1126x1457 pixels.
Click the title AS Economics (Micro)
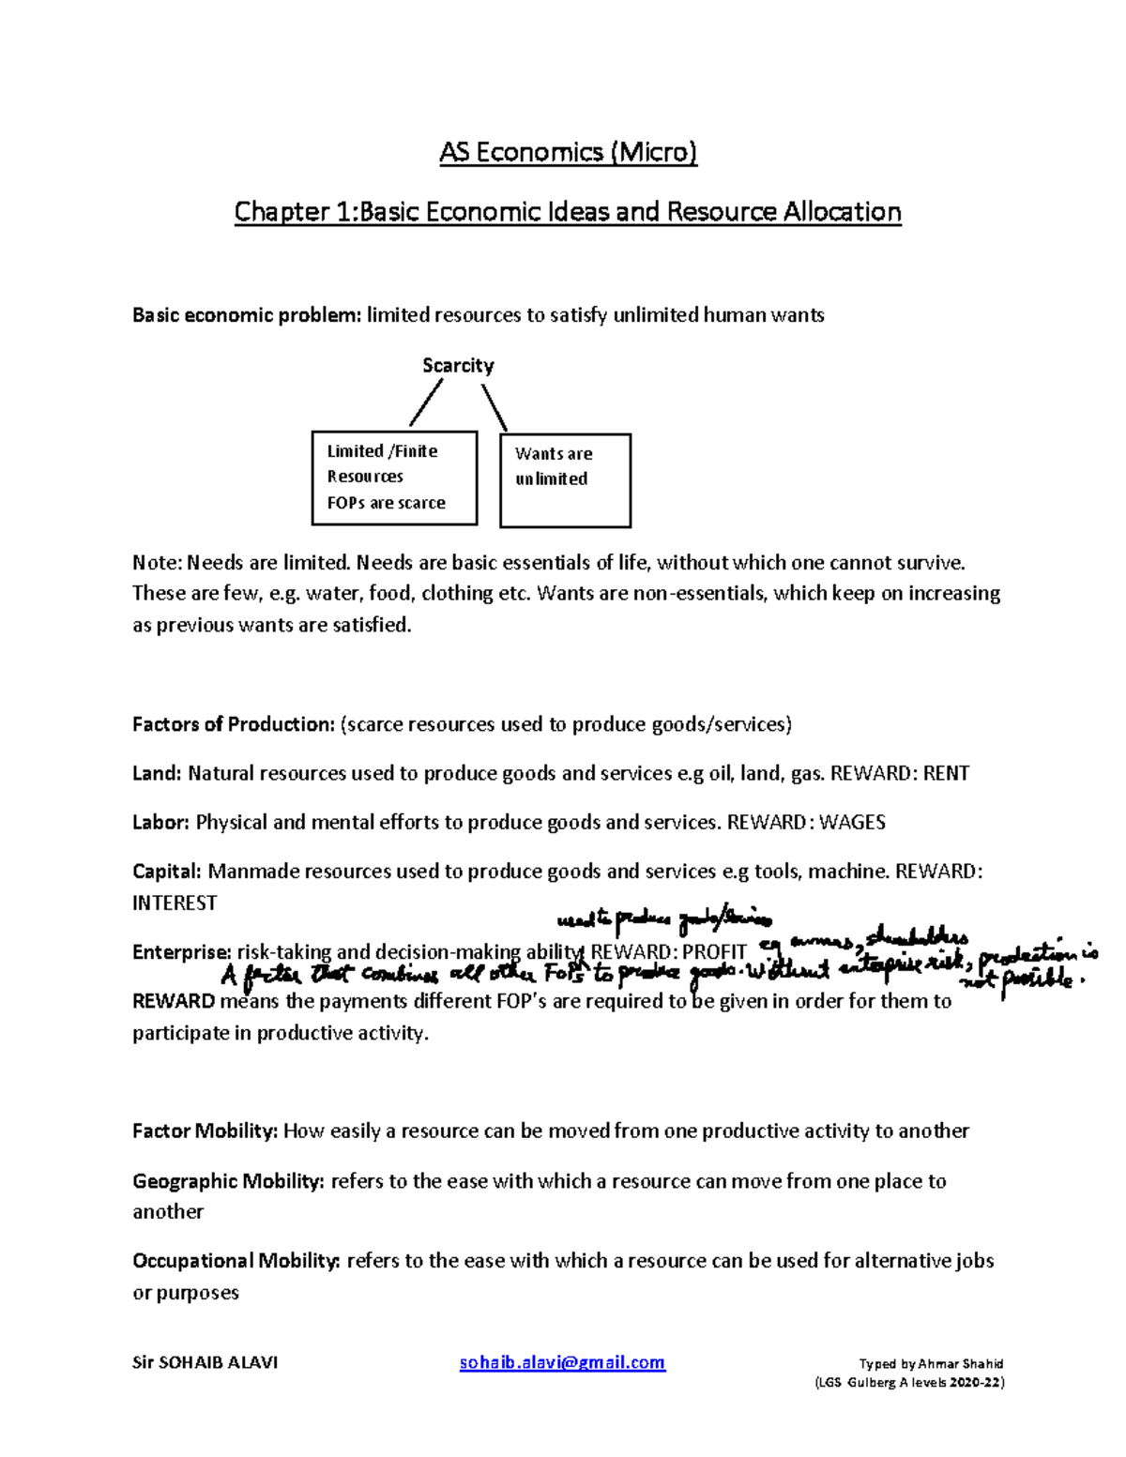pyautogui.click(x=568, y=152)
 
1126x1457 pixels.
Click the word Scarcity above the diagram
pyautogui.click(x=458, y=366)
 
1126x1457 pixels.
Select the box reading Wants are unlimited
pyautogui.click(x=565, y=479)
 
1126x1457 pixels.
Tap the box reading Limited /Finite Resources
pyautogui.click(x=394, y=478)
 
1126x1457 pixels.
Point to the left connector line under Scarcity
pyautogui.click(x=426, y=405)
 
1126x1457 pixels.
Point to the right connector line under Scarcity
pyautogui.click(x=495, y=408)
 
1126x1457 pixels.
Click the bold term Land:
pyautogui.click(x=157, y=774)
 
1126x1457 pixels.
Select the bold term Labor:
pyautogui.click(x=161, y=823)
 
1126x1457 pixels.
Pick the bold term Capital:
pyautogui.click(x=167, y=872)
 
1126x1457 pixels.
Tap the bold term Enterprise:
pyautogui.click(x=181, y=952)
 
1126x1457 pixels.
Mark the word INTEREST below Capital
pyautogui.click(x=175, y=903)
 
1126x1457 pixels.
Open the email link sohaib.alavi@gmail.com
pyautogui.click(x=562, y=1362)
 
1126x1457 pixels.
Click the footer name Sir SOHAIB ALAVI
pyautogui.click(x=205, y=1362)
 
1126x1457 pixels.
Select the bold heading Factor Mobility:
pyautogui.click(x=205, y=1131)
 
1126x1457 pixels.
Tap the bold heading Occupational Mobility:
pyautogui.click(x=236, y=1261)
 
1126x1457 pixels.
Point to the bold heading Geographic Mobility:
pyautogui.click(x=228, y=1181)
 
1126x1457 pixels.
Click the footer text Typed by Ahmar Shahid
pyautogui.click(x=931, y=1364)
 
